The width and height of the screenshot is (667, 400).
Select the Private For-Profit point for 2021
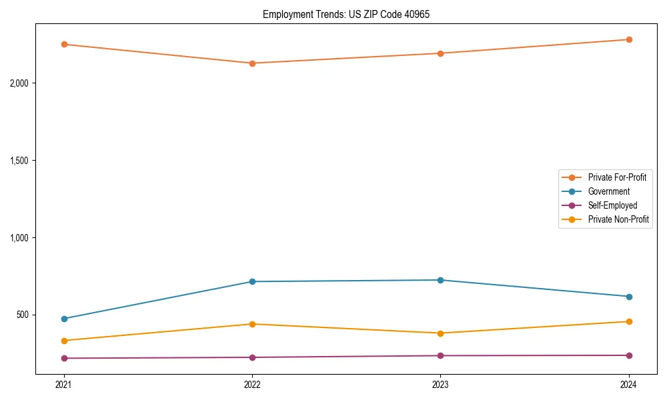click(64, 45)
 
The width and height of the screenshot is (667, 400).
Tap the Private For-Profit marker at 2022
click(252, 63)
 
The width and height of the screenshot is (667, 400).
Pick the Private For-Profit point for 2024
click(629, 39)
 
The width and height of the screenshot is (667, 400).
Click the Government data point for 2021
click(64, 319)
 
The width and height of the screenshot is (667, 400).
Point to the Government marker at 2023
click(441, 280)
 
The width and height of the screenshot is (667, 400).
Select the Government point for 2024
click(629, 297)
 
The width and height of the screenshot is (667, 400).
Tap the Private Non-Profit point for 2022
click(252, 324)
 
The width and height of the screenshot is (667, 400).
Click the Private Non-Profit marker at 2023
click(441, 333)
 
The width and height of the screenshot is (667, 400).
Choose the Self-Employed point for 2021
click(64, 359)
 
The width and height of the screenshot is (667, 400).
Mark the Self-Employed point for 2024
click(629, 355)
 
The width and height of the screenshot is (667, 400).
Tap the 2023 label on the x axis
click(441, 385)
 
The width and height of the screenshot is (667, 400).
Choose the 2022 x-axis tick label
click(252, 385)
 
